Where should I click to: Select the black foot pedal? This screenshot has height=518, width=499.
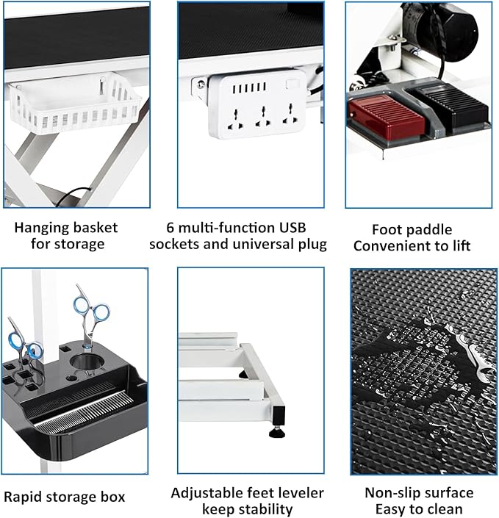448,109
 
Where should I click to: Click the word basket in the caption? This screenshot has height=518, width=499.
93,226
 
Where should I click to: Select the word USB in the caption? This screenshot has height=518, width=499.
288,226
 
